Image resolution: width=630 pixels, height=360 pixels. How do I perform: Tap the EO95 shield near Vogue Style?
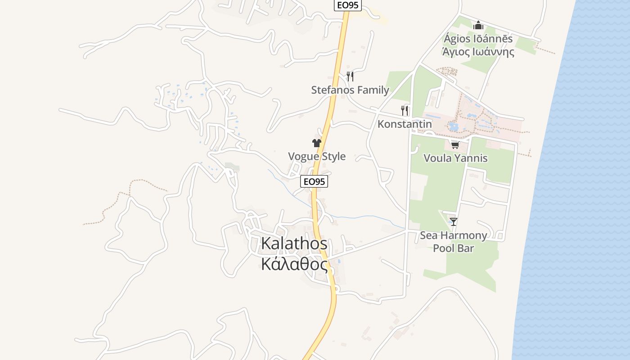point(314,181)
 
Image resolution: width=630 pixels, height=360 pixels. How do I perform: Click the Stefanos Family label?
point(350,90)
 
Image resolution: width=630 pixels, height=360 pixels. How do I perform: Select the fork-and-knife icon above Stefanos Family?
point(350,76)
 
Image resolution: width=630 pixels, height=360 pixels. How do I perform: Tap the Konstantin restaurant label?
point(405,124)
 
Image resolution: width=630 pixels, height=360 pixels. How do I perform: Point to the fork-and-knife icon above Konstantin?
point(405,110)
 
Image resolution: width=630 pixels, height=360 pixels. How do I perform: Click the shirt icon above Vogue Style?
point(317,143)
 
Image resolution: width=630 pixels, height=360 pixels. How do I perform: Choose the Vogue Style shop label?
point(317,157)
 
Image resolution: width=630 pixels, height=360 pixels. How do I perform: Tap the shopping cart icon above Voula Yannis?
point(455,145)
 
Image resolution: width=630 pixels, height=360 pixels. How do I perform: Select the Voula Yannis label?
point(455,158)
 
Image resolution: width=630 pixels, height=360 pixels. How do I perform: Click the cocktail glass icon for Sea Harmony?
point(454,221)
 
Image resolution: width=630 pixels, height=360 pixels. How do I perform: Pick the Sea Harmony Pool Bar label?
point(454,242)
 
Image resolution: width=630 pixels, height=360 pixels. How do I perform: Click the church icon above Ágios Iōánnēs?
point(478,25)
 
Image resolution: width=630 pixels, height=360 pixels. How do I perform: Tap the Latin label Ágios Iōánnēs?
point(478,39)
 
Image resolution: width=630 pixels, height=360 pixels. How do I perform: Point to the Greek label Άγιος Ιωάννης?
point(478,52)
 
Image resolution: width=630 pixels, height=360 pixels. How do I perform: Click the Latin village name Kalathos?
point(294,243)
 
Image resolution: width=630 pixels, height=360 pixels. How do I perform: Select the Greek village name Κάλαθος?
point(294,265)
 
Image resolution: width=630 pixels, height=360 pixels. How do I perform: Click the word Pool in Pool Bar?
point(443,248)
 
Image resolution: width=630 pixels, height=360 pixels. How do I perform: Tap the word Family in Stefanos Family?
point(370,90)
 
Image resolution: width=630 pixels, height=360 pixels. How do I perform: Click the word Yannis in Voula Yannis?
point(472,158)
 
